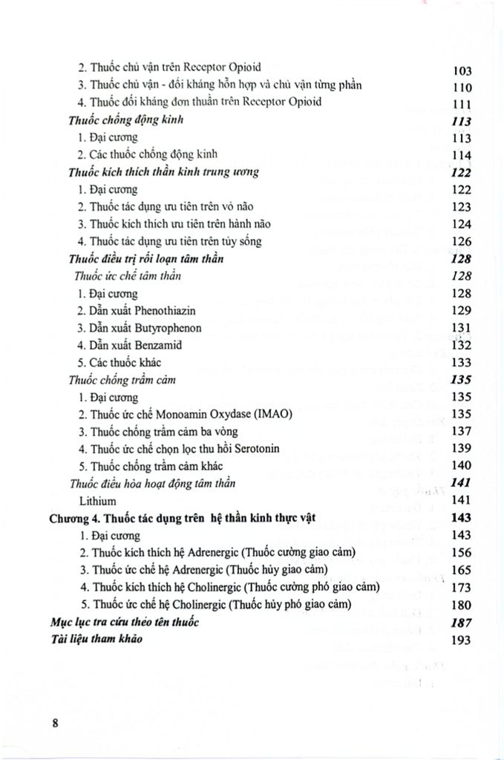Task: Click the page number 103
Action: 462,71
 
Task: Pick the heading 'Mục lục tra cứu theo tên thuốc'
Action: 125,622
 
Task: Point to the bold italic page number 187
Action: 462,623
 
